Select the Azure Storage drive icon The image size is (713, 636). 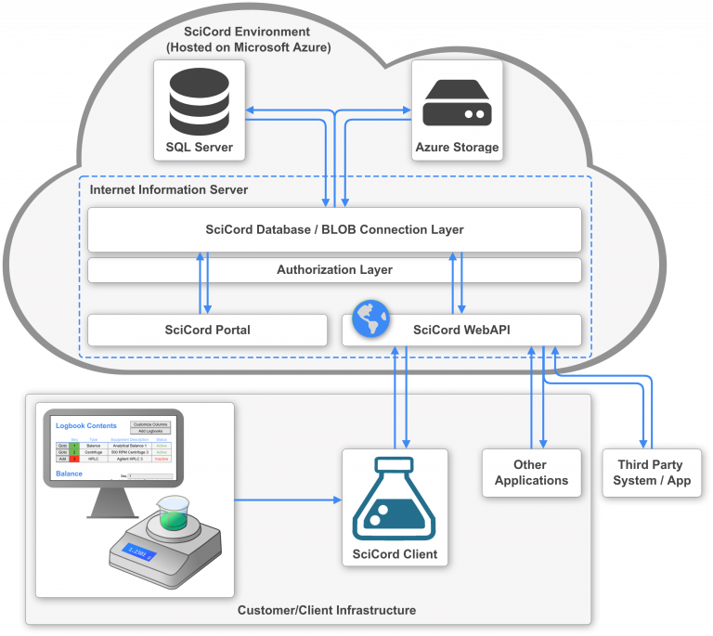click(456, 101)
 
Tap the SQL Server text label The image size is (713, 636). click(200, 148)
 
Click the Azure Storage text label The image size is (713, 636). click(456, 148)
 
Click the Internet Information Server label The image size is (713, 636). click(168, 190)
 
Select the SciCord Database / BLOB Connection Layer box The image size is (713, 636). click(334, 229)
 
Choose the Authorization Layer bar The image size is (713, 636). click(334, 270)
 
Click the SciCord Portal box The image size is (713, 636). click(207, 330)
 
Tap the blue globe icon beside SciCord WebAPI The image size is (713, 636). click(370, 318)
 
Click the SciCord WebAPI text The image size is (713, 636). click(461, 330)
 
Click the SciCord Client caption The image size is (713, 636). click(395, 555)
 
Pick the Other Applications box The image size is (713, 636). click(531, 473)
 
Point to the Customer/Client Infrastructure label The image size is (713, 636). click(327, 610)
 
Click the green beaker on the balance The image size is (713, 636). click(173, 513)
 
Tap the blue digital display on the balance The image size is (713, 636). click(139, 554)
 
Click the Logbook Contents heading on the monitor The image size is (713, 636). click(85, 425)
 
